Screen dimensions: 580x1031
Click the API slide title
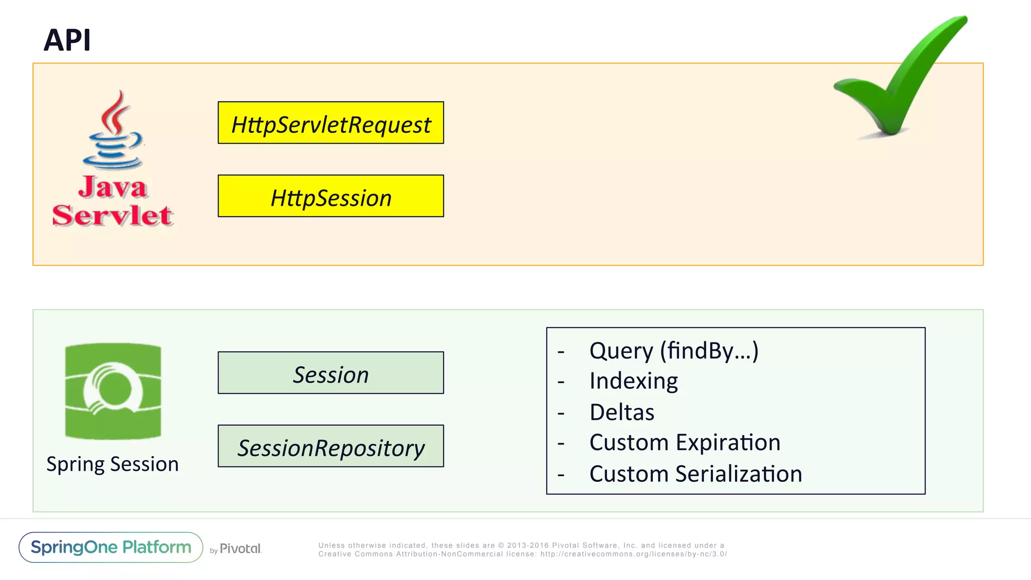click(67, 40)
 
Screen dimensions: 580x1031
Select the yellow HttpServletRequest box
click(331, 123)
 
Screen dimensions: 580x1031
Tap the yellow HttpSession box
click(331, 196)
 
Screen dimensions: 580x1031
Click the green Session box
click(331, 373)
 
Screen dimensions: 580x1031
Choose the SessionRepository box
click(331, 447)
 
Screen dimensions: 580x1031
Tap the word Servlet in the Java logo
click(113, 215)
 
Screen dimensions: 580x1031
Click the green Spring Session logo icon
click(113, 391)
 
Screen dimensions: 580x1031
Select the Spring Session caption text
click(113, 464)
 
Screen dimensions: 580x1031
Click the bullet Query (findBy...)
click(674, 350)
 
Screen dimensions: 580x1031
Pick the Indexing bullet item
click(633, 381)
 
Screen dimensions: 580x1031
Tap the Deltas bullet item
click(622, 412)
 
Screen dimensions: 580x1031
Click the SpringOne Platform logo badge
click(111, 547)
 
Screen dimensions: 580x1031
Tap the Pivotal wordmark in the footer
click(240, 549)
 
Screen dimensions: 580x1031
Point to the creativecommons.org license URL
click(633, 554)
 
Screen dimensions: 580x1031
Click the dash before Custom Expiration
click(561, 444)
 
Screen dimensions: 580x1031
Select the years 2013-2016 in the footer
click(528, 545)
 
